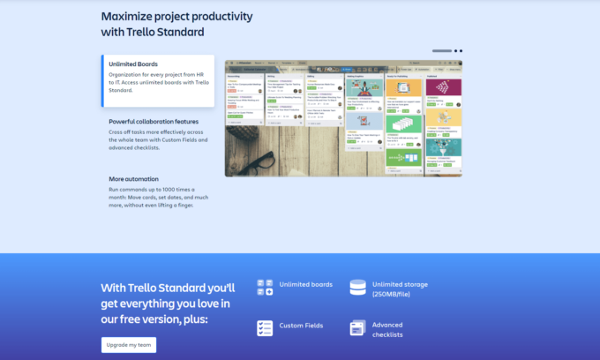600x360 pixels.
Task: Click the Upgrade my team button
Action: pos(129,344)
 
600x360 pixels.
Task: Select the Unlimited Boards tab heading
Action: pos(133,64)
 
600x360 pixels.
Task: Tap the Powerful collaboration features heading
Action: pos(154,121)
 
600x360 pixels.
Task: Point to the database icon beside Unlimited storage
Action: pos(357,288)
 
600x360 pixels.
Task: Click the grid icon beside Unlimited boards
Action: pos(265,288)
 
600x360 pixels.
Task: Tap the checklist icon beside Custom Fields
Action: pos(265,328)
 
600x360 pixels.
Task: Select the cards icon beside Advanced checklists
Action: pos(357,328)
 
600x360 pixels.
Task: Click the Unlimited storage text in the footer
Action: pos(400,284)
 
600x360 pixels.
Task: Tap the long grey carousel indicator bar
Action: pos(442,51)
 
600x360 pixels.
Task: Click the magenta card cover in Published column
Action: pos(443,87)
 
